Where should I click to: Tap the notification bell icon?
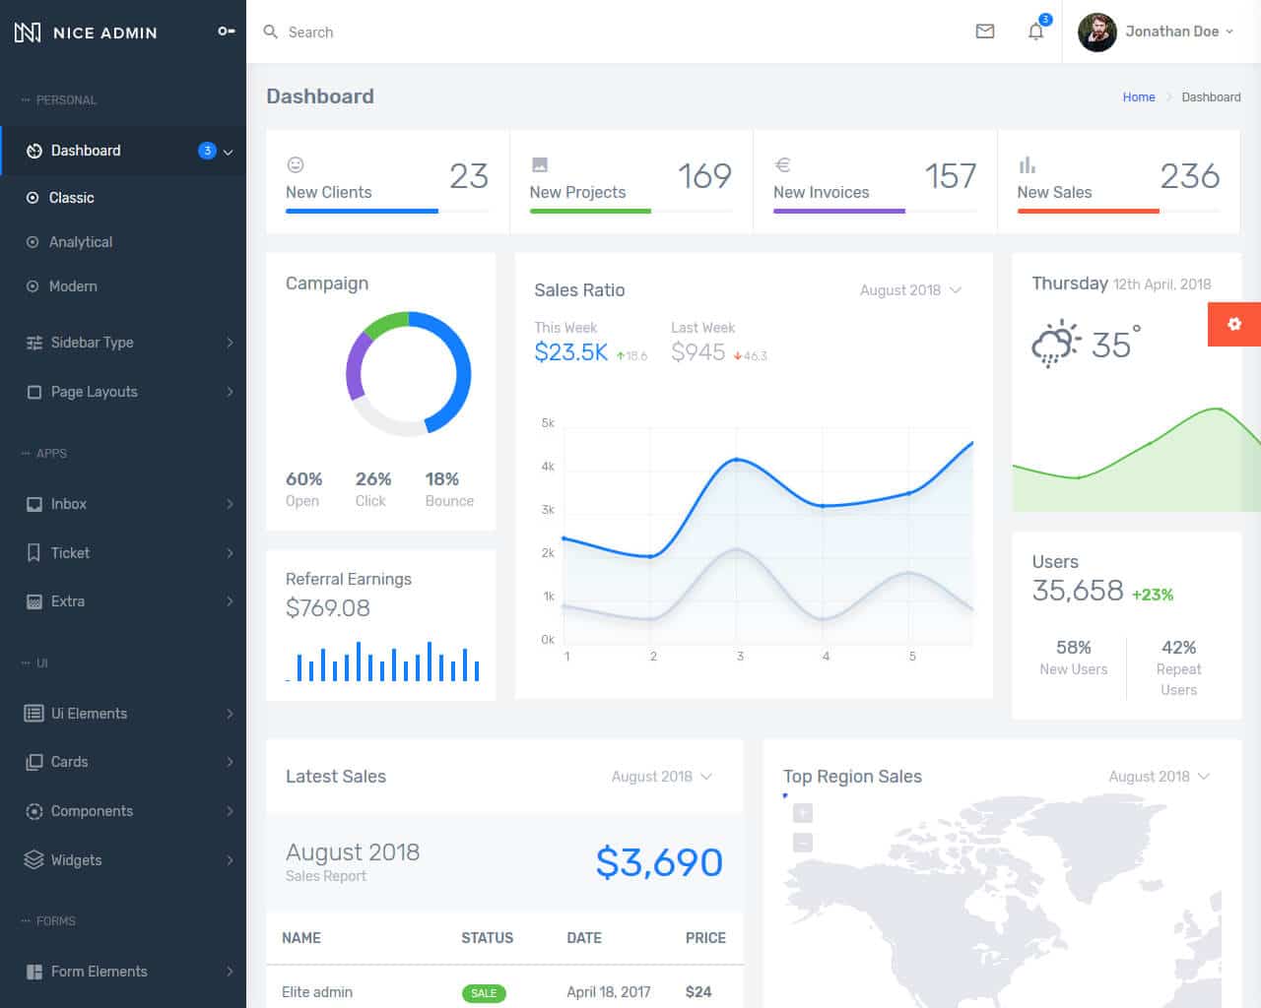click(x=1035, y=31)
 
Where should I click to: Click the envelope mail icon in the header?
click(x=984, y=31)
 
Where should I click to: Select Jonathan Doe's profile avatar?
click(x=1096, y=31)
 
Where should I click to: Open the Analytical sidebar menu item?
click(x=81, y=242)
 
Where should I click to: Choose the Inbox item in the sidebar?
click(x=69, y=504)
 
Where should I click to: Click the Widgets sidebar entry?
click(x=76, y=860)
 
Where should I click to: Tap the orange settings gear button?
click(x=1233, y=324)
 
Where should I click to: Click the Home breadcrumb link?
click(x=1138, y=97)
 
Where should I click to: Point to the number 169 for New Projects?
click(x=703, y=176)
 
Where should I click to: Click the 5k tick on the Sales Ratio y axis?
click(x=548, y=423)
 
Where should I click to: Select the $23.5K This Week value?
click(x=570, y=352)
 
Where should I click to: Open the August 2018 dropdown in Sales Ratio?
click(x=909, y=290)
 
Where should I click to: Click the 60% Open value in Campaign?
click(x=303, y=479)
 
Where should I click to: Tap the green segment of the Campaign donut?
click(x=385, y=322)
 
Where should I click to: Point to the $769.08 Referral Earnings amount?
click(x=327, y=608)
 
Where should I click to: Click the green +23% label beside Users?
click(x=1152, y=595)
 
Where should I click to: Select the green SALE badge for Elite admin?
click(x=484, y=993)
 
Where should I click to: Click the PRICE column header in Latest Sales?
click(x=704, y=938)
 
